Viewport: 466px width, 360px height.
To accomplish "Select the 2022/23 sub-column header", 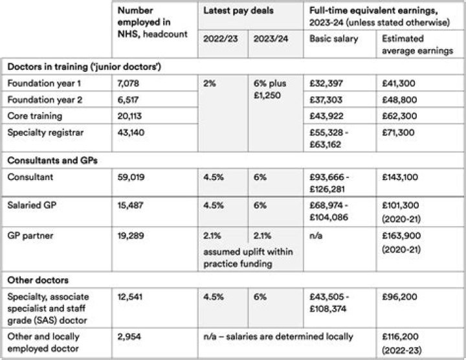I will (x=220, y=38).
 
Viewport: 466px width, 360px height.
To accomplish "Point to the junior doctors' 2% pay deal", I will (x=208, y=84).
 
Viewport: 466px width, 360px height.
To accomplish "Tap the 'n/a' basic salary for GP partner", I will (x=316, y=235).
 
